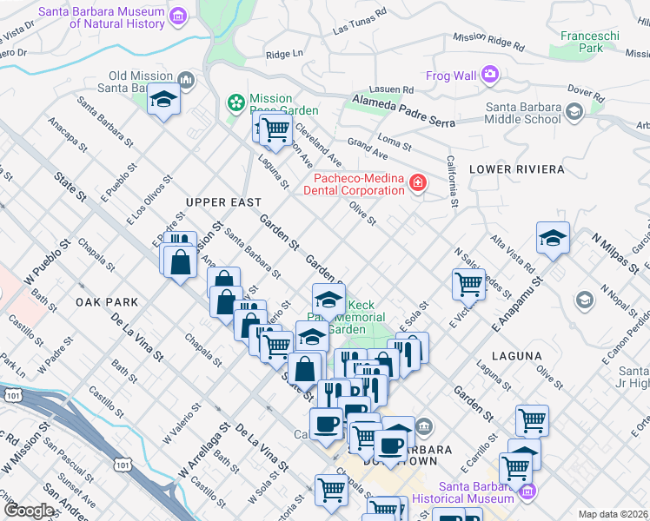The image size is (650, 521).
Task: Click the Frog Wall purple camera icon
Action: (490, 76)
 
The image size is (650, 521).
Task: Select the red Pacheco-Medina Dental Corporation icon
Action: (418, 183)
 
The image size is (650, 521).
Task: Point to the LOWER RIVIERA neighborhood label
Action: (516, 169)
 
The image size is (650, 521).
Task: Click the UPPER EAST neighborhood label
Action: (223, 202)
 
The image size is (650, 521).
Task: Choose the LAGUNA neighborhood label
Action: (516, 356)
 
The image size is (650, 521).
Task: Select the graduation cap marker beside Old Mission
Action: (163, 101)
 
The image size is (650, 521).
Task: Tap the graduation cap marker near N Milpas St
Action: (553, 238)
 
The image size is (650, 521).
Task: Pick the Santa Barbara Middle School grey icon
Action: (574, 112)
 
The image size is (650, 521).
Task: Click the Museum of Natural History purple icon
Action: (179, 16)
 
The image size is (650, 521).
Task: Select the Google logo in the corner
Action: (30, 511)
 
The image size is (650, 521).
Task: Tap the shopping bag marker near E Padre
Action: (180, 262)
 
